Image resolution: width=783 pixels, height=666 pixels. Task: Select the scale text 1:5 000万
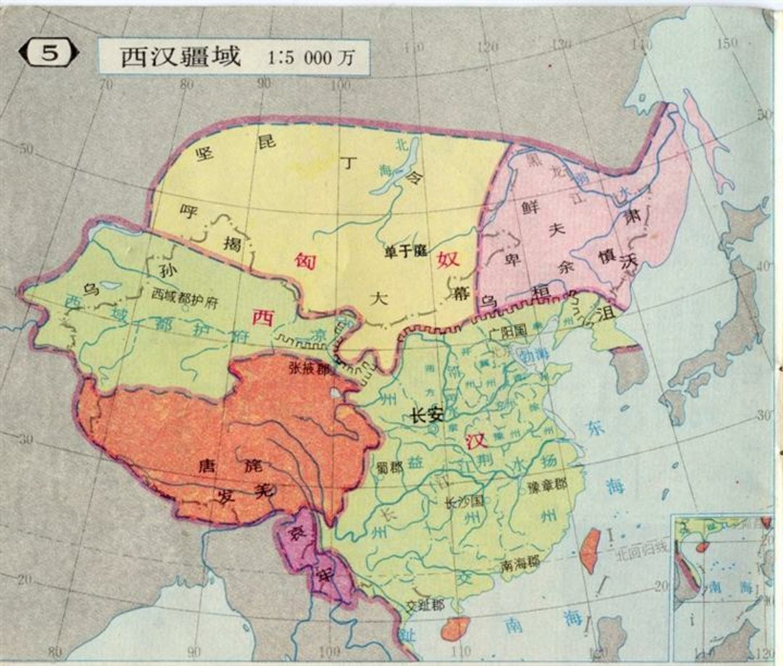(312, 58)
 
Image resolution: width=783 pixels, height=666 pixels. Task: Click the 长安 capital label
(427, 416)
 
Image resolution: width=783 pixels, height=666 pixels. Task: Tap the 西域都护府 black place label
(185, 295)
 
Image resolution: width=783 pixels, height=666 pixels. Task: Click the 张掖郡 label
(310, 368)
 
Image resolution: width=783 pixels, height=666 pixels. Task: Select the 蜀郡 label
(389, 465)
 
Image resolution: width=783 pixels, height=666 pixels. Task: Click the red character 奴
(449, 259)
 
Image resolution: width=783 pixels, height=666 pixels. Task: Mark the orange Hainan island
(455, 628)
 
